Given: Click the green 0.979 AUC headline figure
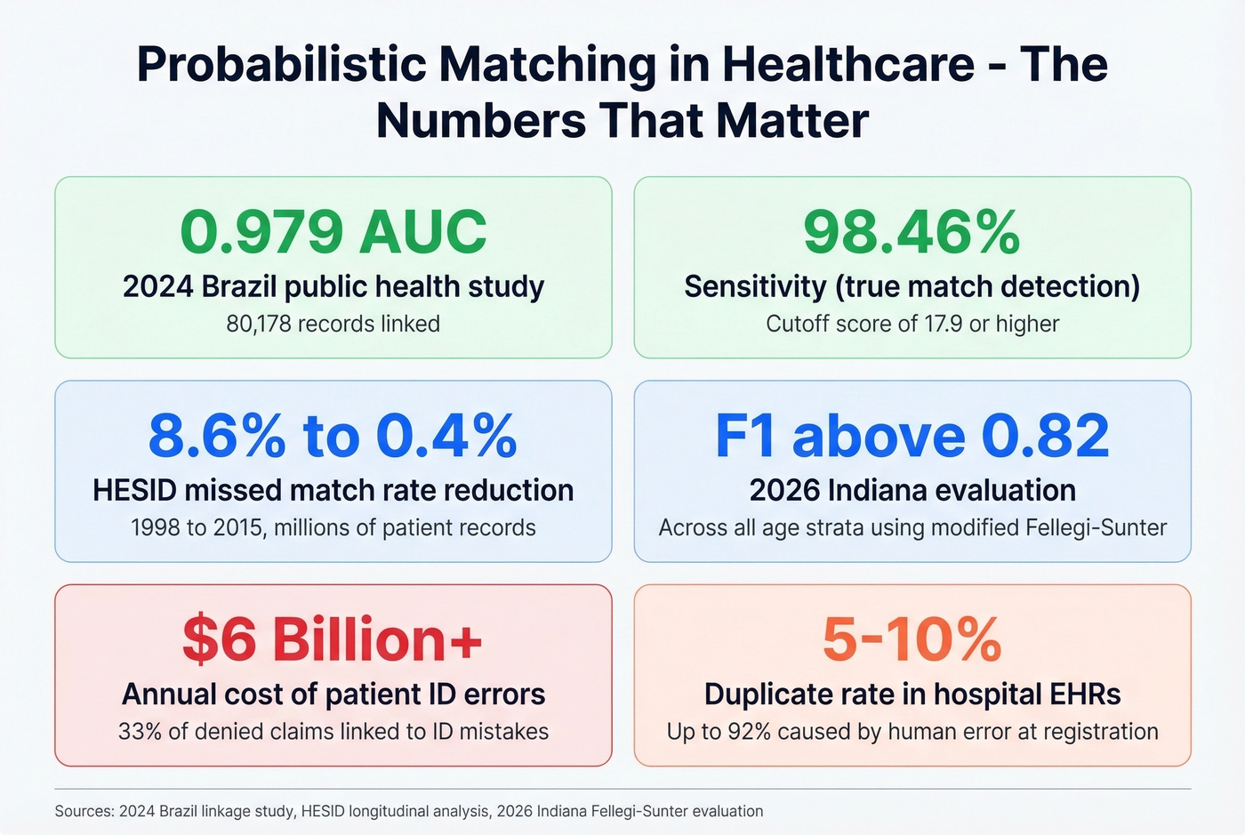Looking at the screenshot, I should point(333,232).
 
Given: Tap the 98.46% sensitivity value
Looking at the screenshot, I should point(912,232).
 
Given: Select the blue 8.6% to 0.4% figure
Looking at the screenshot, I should point(333,436).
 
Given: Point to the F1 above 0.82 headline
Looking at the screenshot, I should point(912,436).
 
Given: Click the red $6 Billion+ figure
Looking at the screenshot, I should point(333,639).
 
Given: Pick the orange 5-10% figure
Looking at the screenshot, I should point(912,639).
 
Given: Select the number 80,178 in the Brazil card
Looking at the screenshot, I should point(259,324).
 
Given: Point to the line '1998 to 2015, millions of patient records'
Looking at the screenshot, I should point(333,527).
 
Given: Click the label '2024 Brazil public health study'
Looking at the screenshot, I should point(333,286).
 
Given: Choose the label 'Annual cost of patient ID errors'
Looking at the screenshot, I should point(333,694).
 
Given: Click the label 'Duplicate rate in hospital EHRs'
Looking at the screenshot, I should point(912,694).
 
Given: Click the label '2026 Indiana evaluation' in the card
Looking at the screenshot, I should point(912,490).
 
